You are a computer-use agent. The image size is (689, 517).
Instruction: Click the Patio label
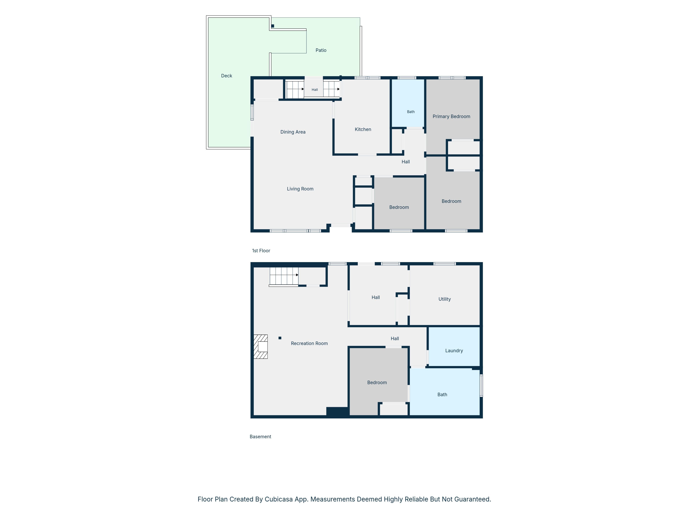click(321, 50)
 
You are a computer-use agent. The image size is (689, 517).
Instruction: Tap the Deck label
click(226, 76)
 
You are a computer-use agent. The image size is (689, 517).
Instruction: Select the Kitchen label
click(363, 129)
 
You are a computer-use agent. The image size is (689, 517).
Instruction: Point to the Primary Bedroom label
click(451, 117)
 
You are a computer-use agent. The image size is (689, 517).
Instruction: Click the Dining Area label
click(293, 132)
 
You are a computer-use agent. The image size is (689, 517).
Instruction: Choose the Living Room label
click(300, 189)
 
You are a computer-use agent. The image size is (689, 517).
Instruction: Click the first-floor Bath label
click(411, 111)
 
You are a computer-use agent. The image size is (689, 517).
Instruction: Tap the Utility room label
click(444, 299)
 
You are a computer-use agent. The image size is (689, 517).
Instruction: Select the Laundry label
click(454, 351)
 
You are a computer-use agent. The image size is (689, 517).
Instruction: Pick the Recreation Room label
click(309, 343)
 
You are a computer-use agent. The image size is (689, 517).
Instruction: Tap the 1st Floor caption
click(261, 251)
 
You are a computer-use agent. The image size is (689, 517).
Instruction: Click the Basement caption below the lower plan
click(260, 437)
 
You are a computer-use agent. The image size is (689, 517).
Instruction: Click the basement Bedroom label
click(377, 382)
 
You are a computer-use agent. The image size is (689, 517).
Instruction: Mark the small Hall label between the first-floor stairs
click(315, 90)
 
